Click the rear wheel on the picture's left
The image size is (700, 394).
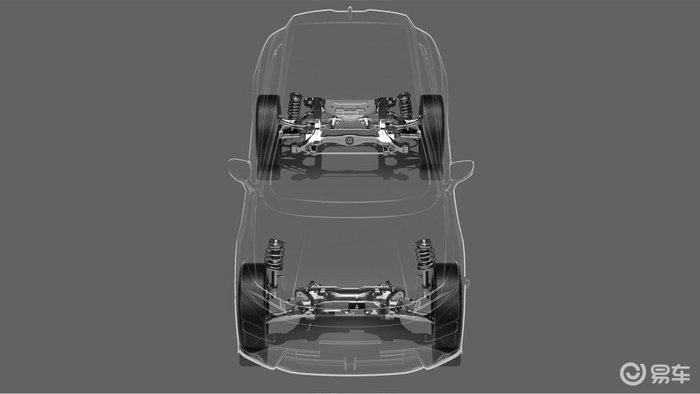click(x=267, y=136)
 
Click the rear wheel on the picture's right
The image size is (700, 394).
click(x=432, y=136)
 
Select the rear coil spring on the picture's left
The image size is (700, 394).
click(x=295, y=106)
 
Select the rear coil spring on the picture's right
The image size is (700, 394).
click(x=404, y=106)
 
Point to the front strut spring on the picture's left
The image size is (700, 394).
click(x=275, y=254)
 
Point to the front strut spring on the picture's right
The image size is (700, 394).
click(x=424, y=254)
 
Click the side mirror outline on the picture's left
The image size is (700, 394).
click(x=240, y=170)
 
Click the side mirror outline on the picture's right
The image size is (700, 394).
click(x=461, y=171)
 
